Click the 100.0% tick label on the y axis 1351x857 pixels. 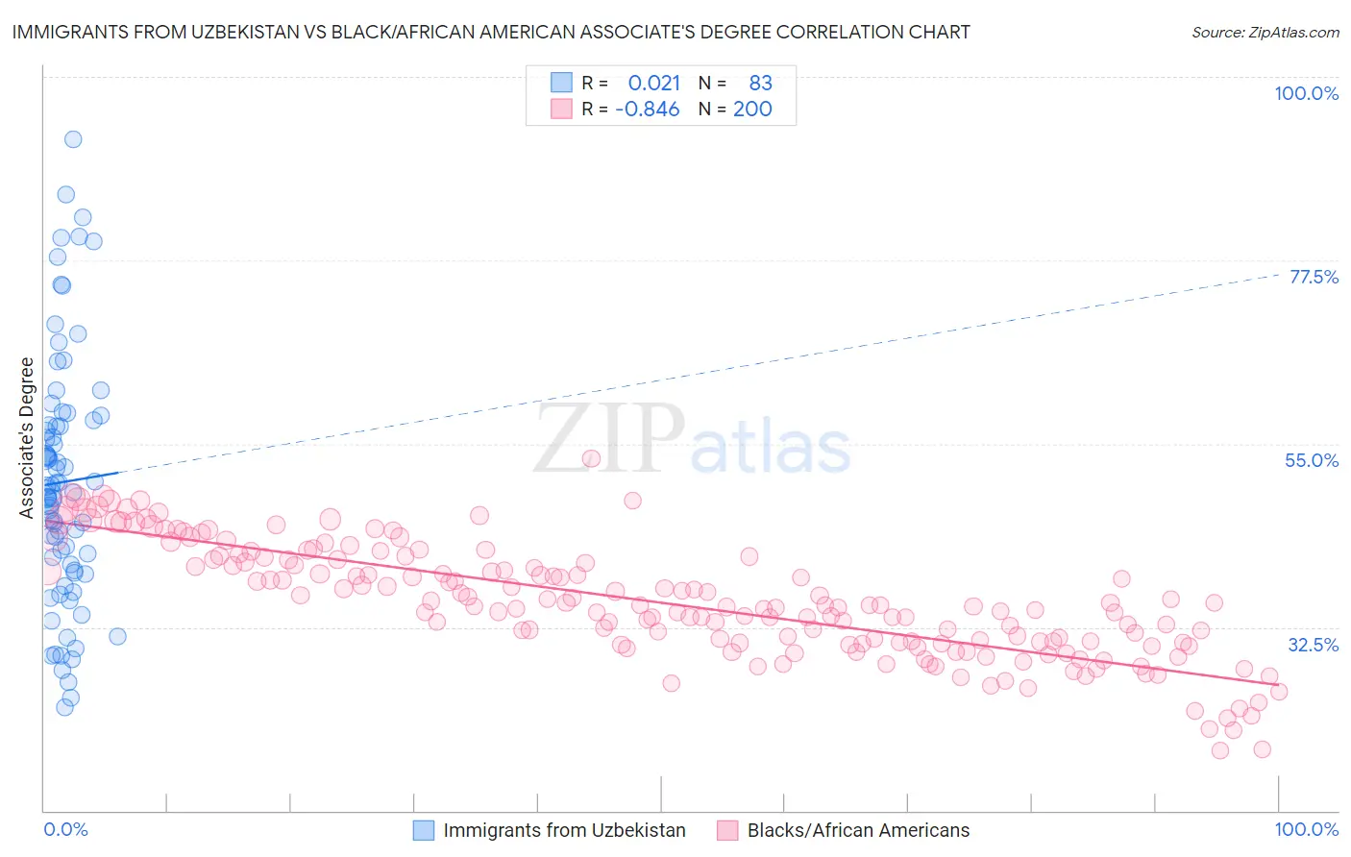pyautogui.click(x=1306, y=93)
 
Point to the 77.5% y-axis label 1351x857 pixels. pyautogui.click(x=1313, y=277)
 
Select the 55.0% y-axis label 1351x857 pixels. pyautogui.click(x=1311, y=460)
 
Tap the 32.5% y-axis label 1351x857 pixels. pyautogui.click(x=1313, y=645)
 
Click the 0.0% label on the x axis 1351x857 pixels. pyautogui.click(x=65, y=830)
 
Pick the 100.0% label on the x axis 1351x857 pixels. pyautogui.click(x=1306, y=830)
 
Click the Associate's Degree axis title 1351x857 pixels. pyautogui.click(x=27, y=437)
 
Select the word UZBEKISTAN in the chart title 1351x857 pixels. pyautogui.click(x=240, y=32)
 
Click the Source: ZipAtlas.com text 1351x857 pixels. pyautogui.click(x=1265, y=32)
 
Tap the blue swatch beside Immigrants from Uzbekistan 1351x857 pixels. pyautogui.click(x=425, y=831)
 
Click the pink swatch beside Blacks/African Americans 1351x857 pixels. pyautogui.click(x=727, y=831)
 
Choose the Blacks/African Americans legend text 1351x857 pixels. pyautogui.click(x=858, y=831)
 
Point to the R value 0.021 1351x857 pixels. pyautogui.click(x=653, y=83)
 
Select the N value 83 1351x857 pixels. pyautogui.click(x=760, y=83)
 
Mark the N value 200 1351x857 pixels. pyautogui.click(x=752, y=109)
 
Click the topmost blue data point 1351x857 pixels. pyautogui.click(x=73, y=139)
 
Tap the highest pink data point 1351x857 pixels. pyautogui.click(x=591, y=458)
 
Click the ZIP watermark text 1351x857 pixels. pyautogui.click(x=609, y=439)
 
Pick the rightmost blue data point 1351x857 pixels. pyautogui.click(x=117, y=636)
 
